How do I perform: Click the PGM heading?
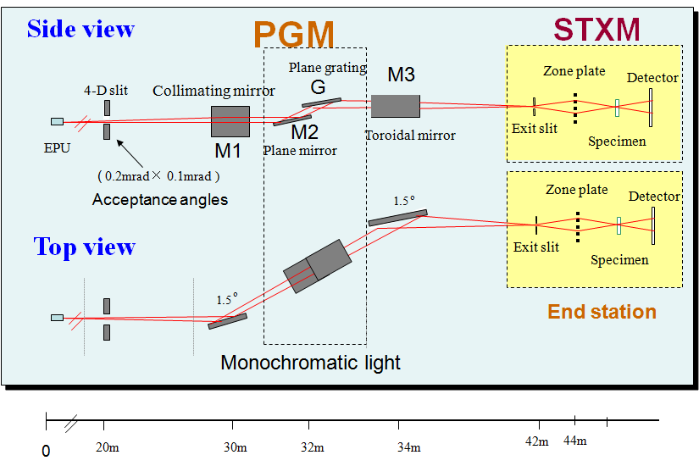(x=293, y=35)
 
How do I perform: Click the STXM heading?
(x=596, y=29)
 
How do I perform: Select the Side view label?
(x=80, y=29)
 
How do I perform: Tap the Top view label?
(x=84, y=247)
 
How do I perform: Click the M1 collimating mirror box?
(x=230, y=121)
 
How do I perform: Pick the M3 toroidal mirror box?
(x=395, y=105)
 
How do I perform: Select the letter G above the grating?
(x=318, y=86)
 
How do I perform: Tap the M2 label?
(x=305, y=132)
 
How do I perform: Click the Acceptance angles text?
(x=160, y=200)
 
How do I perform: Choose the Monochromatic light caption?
(x=310, y=363)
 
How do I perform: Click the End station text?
(x=602, y=312)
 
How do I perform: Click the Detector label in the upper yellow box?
(x=652, y=78)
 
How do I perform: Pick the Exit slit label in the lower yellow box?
(x=536, y=247)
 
